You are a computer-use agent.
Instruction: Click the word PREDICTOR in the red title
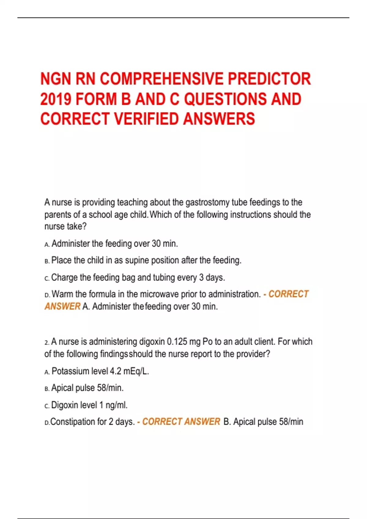point(269,79)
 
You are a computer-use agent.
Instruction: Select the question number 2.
point(46,342)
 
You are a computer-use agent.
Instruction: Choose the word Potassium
point(70,371)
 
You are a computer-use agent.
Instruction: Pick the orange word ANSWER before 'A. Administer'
point(62,306)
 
